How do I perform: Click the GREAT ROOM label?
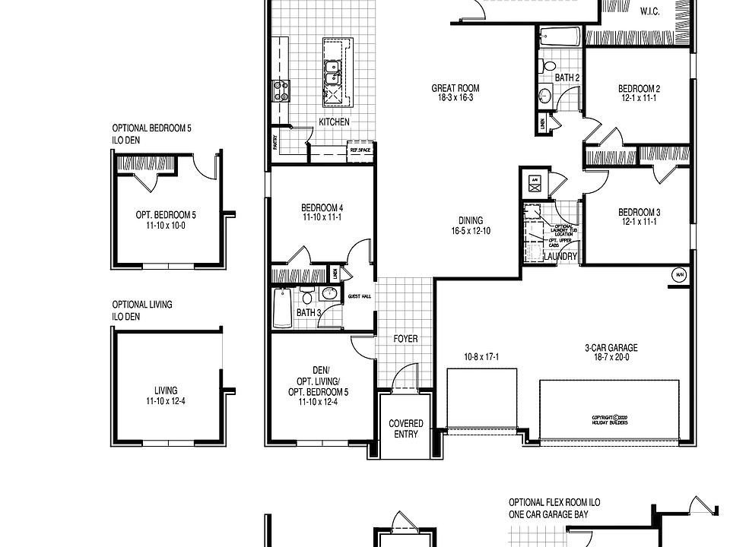(x=455, y=88)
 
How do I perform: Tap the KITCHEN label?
(x=334, y=122)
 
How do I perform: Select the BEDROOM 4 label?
(x=322, y=208)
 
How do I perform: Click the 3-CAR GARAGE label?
(x=611, y=348)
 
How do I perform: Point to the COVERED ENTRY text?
(x=406, y=428)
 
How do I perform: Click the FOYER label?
(x=405, y=339)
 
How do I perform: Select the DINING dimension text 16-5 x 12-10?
(x=469, y=230)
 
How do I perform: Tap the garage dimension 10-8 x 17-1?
(x=481, y=356)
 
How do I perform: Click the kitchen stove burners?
(x=281, y=91)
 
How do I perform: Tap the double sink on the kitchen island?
(x=332, y=71)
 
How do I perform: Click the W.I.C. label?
(x=649, y=11)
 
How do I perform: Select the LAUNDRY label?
(x=561, y=257)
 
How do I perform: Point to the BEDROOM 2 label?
(x=639, y=89)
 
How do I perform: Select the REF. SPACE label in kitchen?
(x=360, y=150)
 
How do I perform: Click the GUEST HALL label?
(x=359, y=296)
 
